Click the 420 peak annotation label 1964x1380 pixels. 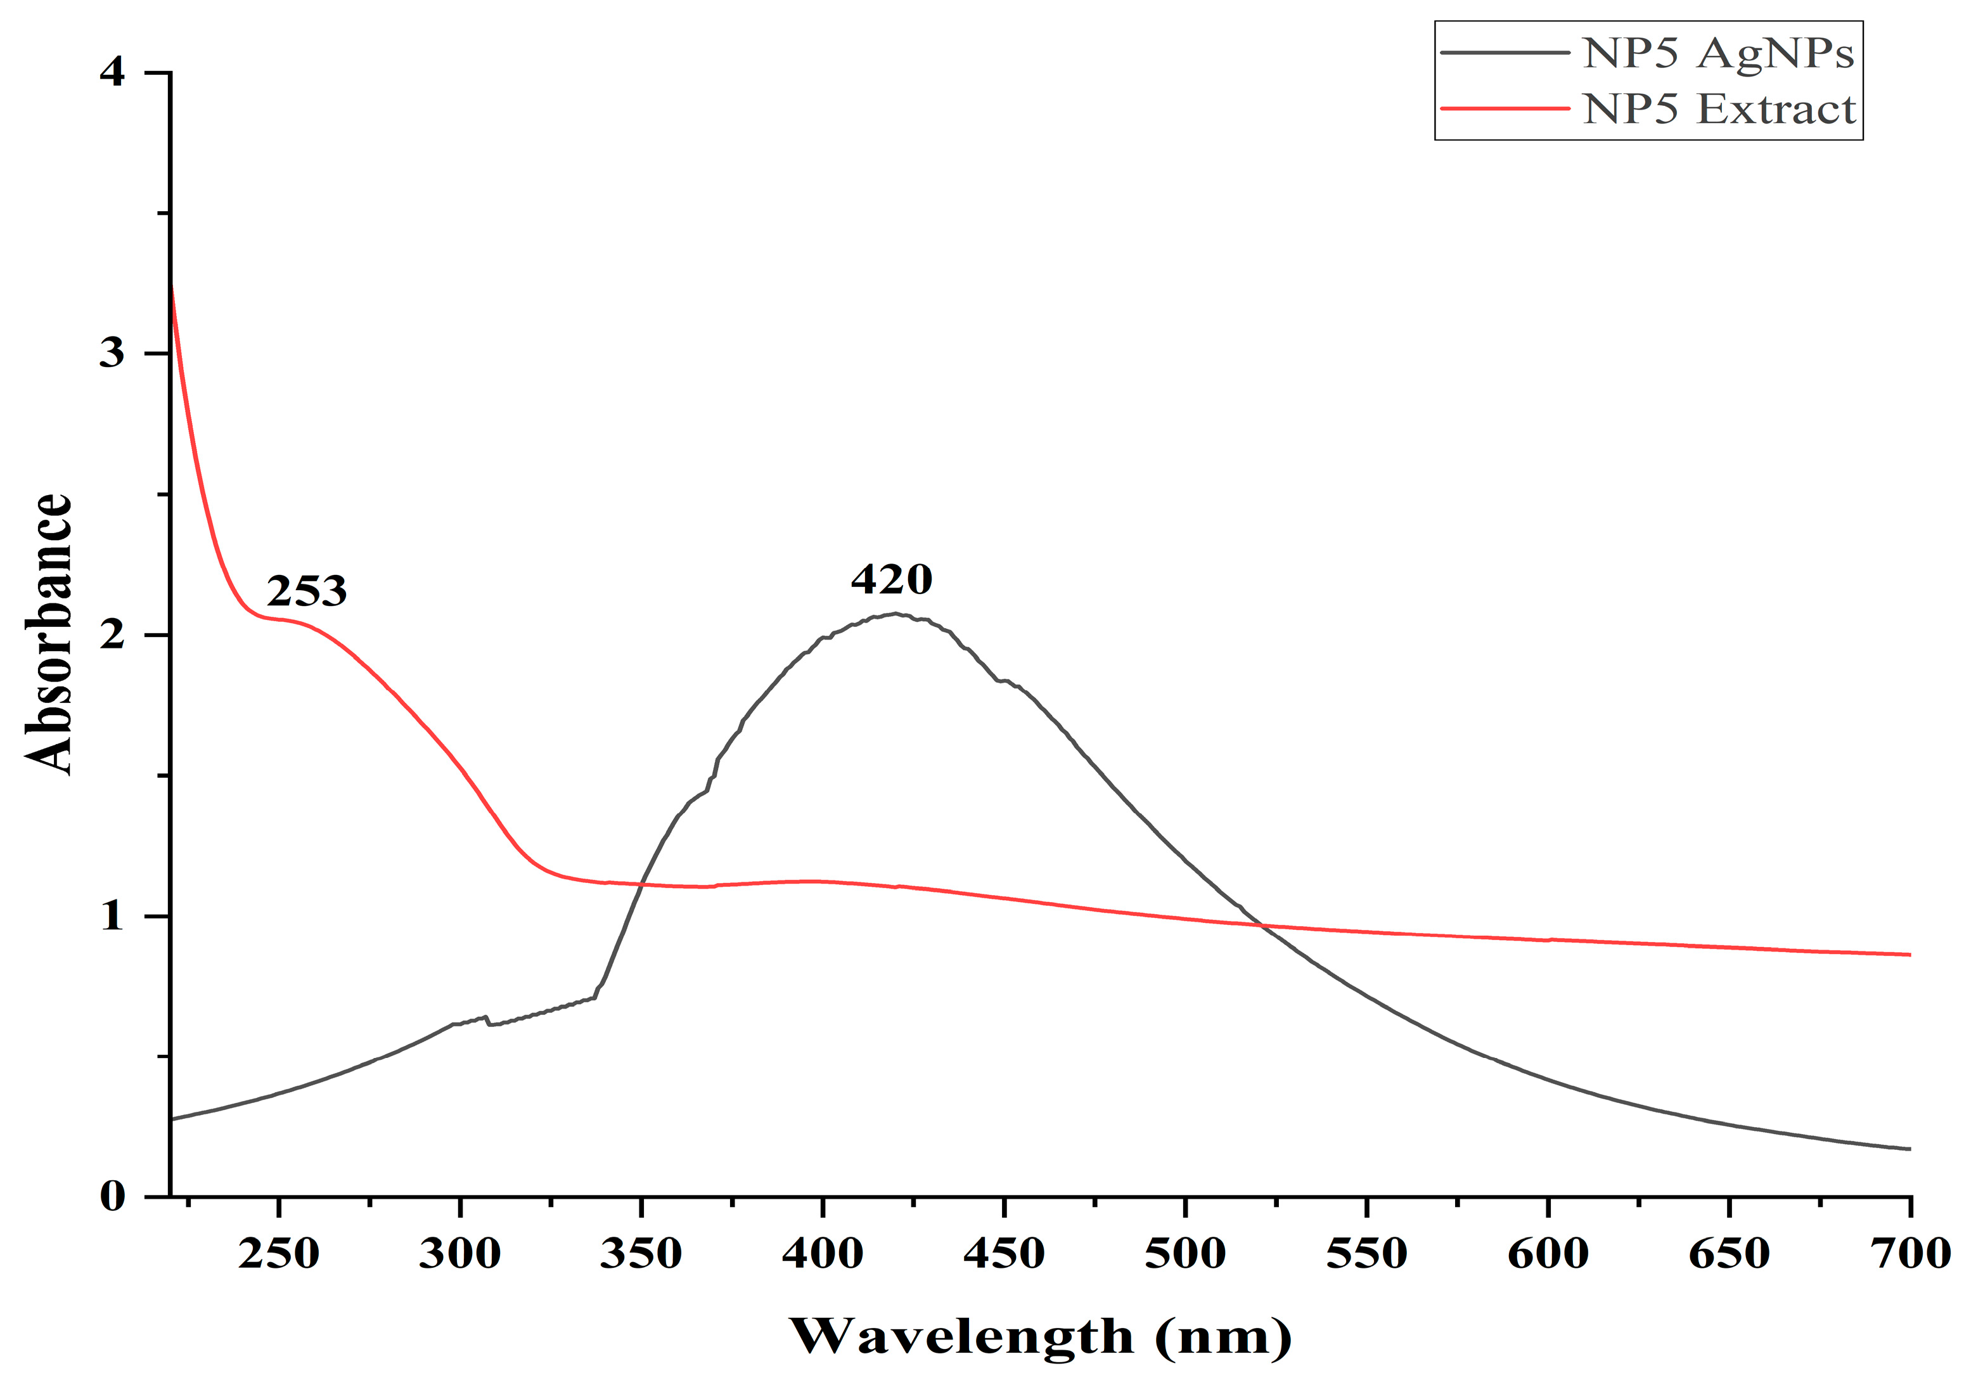[891, 580]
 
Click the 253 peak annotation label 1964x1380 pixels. [306, 591]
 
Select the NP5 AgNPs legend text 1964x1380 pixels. [1717, 53]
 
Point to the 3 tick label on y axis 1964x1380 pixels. [112, 352]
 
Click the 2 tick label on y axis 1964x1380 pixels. [112, 634]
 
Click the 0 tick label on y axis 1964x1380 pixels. [112, 1196]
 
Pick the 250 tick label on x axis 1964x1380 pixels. [279, 1254]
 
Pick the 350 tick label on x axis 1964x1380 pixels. [641, 1254]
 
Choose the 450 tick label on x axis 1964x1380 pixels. [1003, 1254]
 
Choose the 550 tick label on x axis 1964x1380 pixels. [1366, 1254]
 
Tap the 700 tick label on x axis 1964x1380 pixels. [1909, 1254]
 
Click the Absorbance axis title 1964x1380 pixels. [48, 634]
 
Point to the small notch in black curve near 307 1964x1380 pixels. [487, 1020]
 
